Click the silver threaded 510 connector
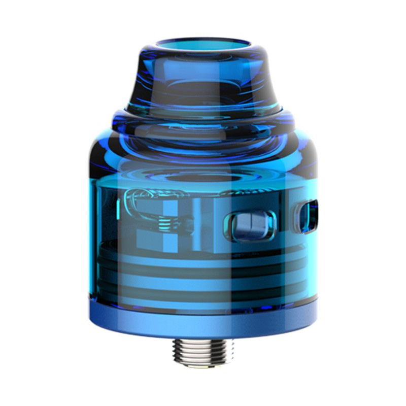click(x=203, y=350)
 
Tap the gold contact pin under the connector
click(x=203, y=367)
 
